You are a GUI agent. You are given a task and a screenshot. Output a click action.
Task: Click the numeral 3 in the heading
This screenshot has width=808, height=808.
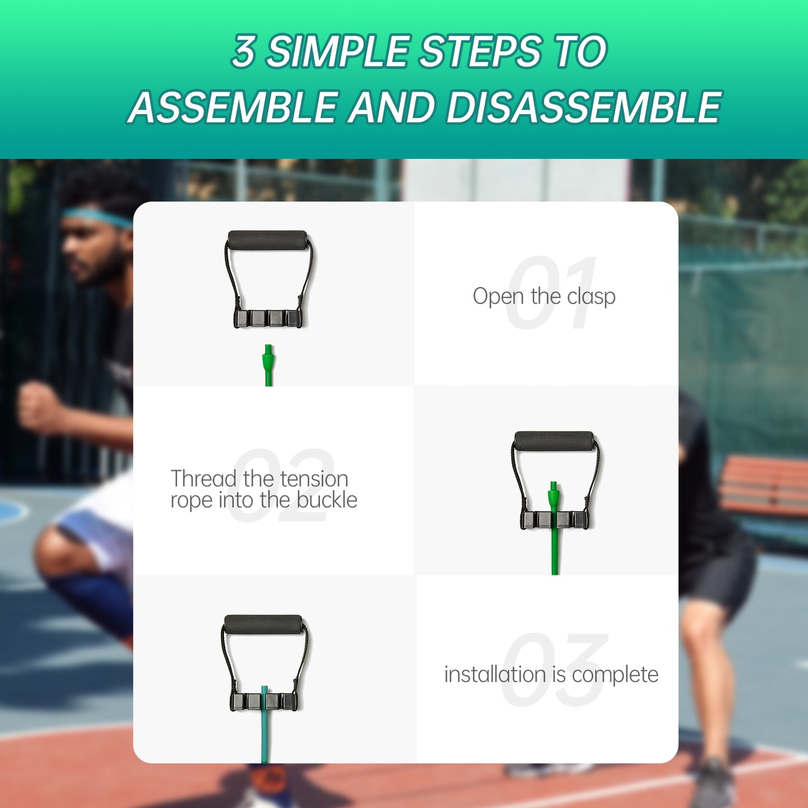(x=244, y=51)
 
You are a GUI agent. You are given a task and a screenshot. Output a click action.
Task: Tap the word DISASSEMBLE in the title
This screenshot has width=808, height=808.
(x=583, y=107)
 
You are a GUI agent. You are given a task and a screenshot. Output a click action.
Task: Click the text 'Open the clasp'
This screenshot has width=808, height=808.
(x=544, y=296)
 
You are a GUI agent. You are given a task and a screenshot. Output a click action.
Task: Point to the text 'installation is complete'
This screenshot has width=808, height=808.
(x=551, y=674)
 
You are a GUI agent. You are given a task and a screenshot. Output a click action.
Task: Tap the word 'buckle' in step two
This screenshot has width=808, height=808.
(x=327, y=500)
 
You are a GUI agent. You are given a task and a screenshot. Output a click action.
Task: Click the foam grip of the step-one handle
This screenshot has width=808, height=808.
(x=267, y=240)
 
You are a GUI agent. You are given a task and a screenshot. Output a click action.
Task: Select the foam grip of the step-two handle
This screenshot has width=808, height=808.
(x=554, y=441)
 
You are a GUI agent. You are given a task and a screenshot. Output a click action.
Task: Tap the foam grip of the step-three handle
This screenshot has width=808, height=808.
(x=264, y=625)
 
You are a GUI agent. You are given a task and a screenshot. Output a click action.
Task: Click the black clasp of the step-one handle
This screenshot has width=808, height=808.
(x=268, y=319)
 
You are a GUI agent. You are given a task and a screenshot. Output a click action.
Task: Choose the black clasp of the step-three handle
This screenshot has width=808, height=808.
(x=263, y=702)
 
